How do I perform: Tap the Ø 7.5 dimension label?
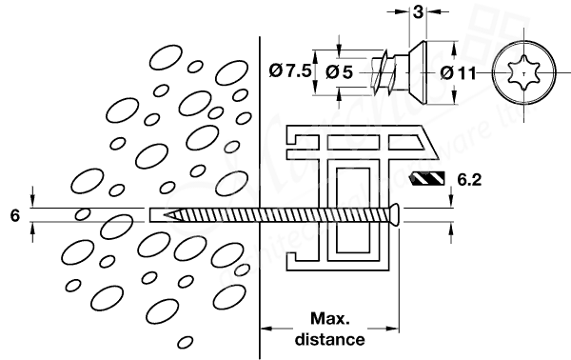point(289,70)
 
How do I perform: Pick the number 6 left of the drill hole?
point(14,216)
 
